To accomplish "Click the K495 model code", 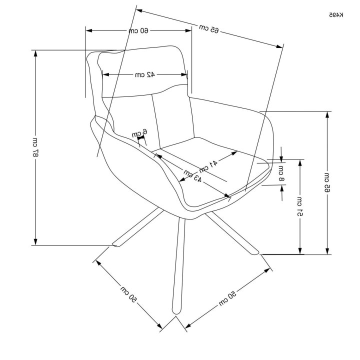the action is [336, 15].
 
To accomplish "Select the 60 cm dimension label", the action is [138, 31].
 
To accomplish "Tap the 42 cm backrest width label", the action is [145, 74].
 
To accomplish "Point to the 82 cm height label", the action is [35, 147].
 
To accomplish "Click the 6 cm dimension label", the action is [139, 133].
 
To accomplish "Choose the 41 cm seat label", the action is [208, 166].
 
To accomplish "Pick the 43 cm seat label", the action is [192, 175].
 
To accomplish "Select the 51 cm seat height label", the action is [300, 206].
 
